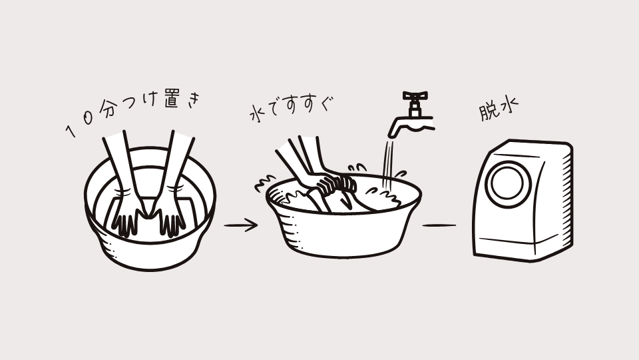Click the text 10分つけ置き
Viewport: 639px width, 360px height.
tap(133, 111)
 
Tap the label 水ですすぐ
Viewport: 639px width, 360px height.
tap(291, 109)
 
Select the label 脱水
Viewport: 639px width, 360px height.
tap(498, 108)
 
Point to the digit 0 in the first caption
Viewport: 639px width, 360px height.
tap(88, 118)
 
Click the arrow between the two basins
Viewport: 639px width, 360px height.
tap(240, 225)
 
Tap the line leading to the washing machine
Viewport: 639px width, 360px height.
tap(439, 225)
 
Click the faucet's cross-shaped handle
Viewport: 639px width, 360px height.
tap(415, 95)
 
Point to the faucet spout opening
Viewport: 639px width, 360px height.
tap(392, 135)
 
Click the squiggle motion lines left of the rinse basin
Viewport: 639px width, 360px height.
tap(265, 184)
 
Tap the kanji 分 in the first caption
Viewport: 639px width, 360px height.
tap(108, 109)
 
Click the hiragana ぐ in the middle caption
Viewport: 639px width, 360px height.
tap(326, 104)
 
